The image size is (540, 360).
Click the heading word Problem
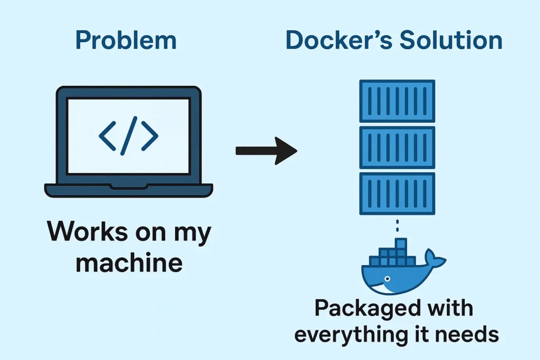[126, 41]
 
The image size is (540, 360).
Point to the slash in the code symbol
[129, 136]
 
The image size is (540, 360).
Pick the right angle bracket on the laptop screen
[149, 136]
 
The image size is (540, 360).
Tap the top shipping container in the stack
[397, 101]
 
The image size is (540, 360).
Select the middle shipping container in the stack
[397, 147]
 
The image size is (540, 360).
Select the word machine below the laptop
[129, 262]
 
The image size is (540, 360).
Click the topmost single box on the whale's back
[401, 244]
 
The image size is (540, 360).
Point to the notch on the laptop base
[129, 187]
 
